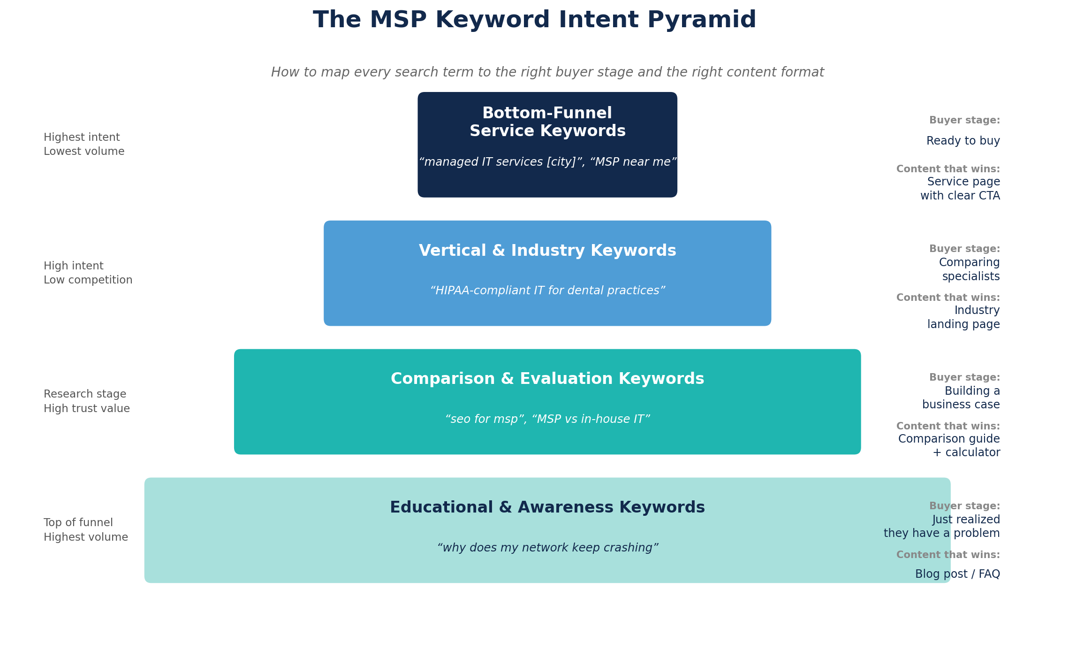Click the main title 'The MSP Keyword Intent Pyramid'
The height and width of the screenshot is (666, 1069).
click(x=534, y=20)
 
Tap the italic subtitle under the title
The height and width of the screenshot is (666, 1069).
click(x=547, y=72)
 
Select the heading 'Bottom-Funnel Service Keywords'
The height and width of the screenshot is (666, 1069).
click(x=547, y=122)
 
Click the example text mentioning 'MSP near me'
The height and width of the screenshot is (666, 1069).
click(x=547, y=162)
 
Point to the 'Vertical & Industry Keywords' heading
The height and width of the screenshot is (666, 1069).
click(x=547, y=251)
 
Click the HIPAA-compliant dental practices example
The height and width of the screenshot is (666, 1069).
click(x=547, y=291)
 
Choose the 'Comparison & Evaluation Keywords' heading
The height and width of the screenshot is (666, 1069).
click(x=547, y=379)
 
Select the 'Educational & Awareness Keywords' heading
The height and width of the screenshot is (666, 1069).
click(x=547, y=507)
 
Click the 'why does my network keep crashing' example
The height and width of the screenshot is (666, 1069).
click(x=547, y=548)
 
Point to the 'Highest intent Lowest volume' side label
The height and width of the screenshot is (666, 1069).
click(x=84, y=144)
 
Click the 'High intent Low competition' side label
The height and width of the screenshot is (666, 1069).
click(x=88, y=273)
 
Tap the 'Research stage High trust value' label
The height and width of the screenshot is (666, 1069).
click(x=87, y=401)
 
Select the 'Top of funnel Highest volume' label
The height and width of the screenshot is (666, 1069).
click(x=86, y=529)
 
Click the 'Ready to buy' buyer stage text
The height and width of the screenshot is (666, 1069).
click(x=963, y=141)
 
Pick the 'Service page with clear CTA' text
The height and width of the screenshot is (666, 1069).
click(x=960, y=189)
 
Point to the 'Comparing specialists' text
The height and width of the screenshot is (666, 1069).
click(x=969, y=269)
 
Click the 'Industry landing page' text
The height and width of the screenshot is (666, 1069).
click(x=963, y=317)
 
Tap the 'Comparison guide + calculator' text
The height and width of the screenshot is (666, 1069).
click(x=949, y=445)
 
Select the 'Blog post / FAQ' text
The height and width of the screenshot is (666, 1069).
click(x=957, y=574)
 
